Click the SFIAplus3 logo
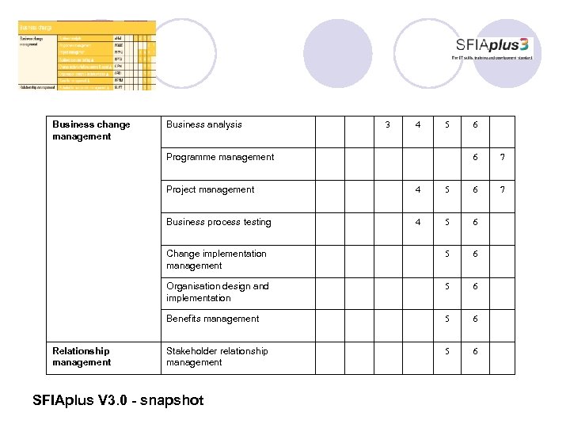coord(493,47)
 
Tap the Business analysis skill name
coord(204,124)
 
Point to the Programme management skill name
coord(220,157)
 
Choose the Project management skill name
coord(211,189)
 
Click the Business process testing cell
coord(218,222)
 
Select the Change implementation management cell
coord(216,260)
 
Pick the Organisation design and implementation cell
coord(218,292)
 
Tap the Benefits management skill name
coord(213,319)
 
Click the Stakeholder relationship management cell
coord(217,357)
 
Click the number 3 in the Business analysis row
coord(387,124)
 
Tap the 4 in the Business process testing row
coord(418,222)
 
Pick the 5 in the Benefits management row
coord(447,319)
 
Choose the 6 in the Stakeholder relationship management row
coord(475,351)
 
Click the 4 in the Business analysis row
coord(418,124)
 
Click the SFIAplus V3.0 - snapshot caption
coord(118,400)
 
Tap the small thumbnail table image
coord(87,55)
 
